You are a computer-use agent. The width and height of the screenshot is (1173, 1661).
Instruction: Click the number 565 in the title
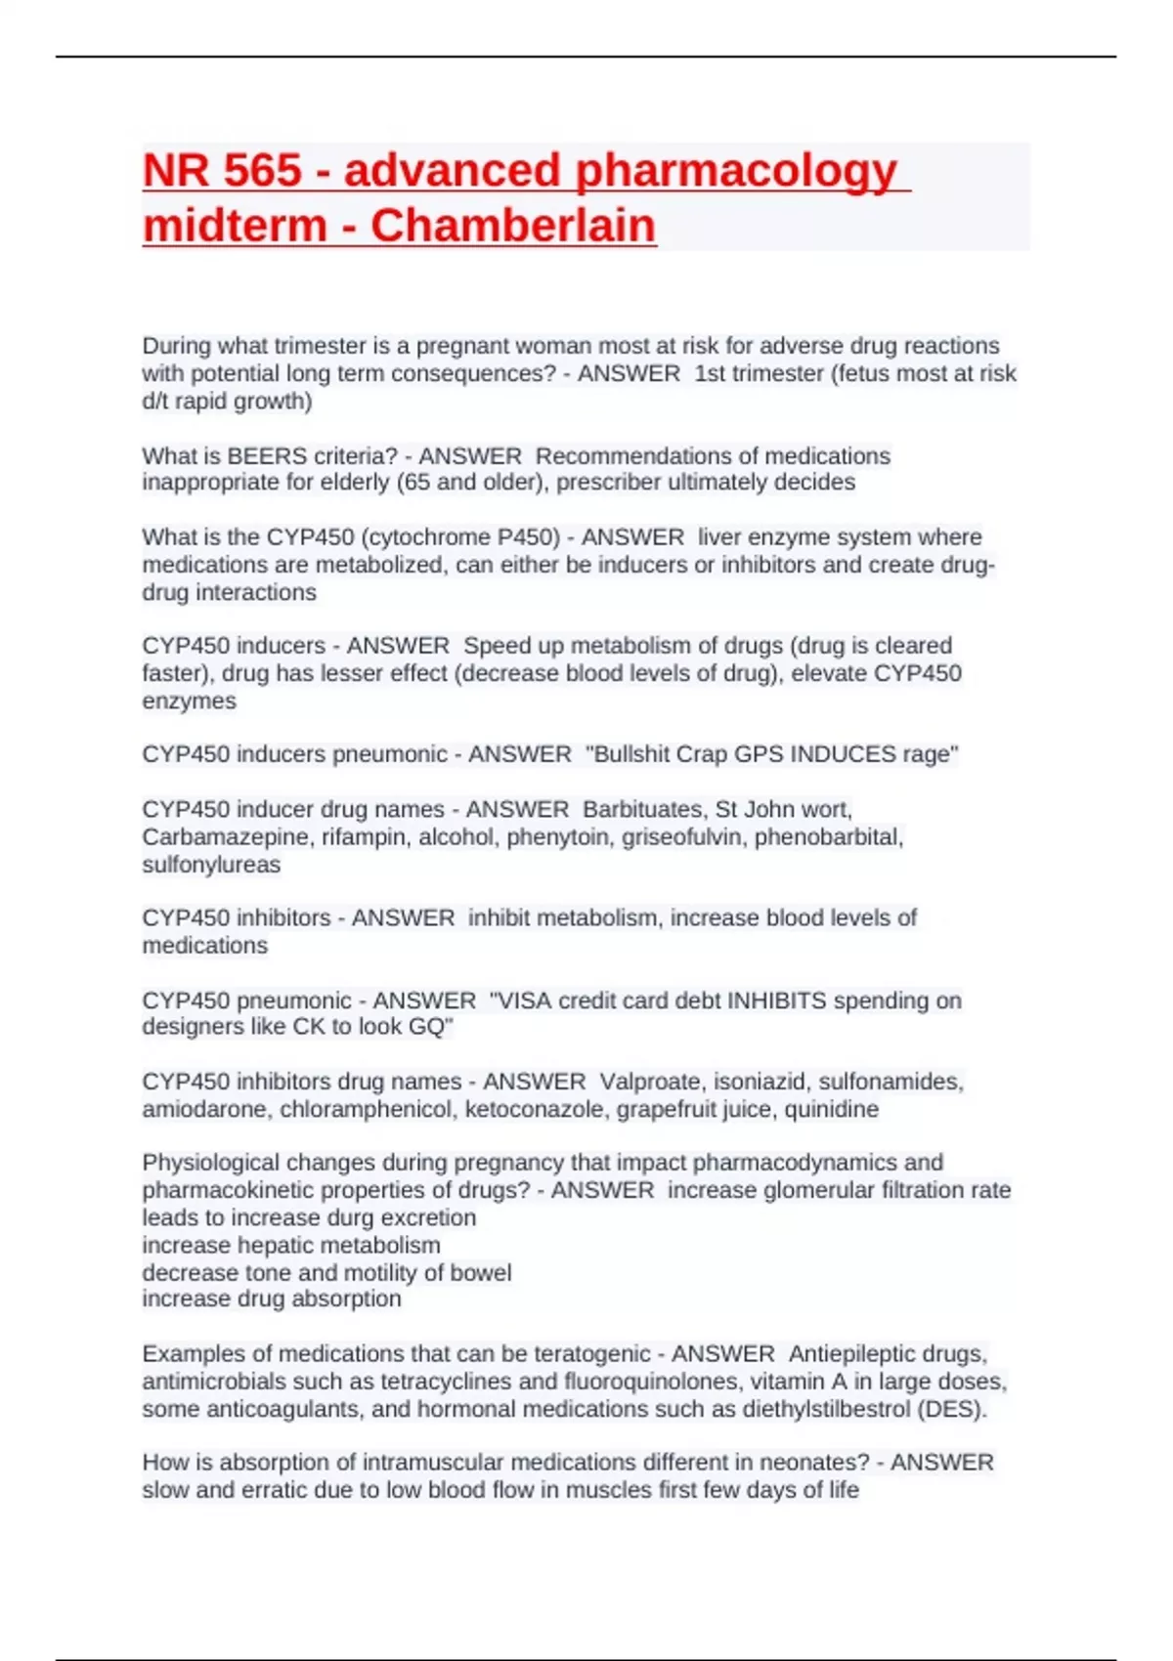coord(262,170)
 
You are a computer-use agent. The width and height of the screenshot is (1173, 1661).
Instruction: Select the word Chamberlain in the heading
coord(512,226)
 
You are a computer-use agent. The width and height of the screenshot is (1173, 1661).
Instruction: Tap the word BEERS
coord(267,456)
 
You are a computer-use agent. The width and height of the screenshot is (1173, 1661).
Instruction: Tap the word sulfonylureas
coord(211,865)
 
